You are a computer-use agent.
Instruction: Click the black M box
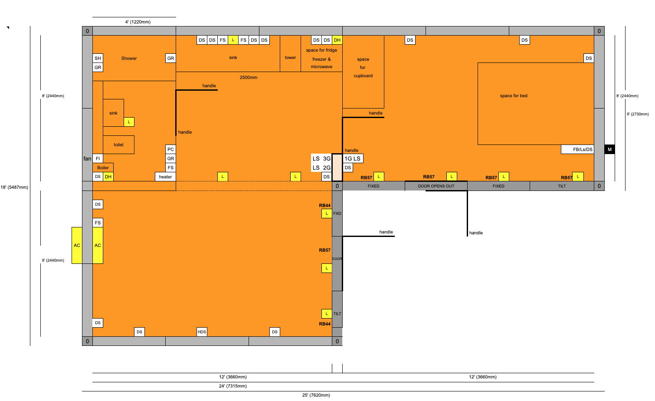point(609,149)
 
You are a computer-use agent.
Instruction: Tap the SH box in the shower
point(98,58)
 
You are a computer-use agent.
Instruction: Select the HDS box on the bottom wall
point(202,332)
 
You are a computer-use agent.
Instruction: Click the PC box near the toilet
point(170,149)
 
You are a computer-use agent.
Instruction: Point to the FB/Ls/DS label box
point(577,149)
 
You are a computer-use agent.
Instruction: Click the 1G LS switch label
point(353,158)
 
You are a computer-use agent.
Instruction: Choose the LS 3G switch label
point(321,158)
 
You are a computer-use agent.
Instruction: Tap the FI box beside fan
point(98,158)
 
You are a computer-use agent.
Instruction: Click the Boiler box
point(103,168)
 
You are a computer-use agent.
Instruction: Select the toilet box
point(118,145)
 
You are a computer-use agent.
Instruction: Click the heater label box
point(165,177)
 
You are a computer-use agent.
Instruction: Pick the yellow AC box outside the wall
point(77,245)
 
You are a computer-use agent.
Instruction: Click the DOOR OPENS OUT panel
point(436,186)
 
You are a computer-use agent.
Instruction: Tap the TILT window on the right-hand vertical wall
point(337,313)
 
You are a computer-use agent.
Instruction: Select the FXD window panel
point(337,214)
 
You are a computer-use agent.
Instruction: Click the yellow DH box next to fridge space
point(337,40)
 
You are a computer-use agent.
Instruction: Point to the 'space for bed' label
point(514,95)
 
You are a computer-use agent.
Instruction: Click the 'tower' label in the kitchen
point(290,58)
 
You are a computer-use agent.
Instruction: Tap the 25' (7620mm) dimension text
point(316,395)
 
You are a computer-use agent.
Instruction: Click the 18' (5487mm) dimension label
point(14,187)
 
